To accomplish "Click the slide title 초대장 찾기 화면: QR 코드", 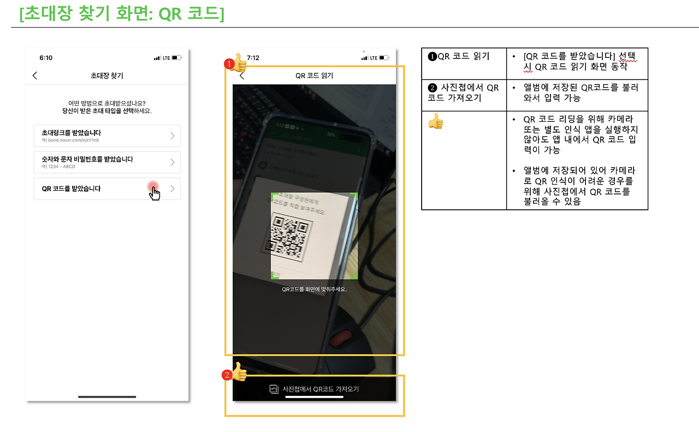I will pos(121,14).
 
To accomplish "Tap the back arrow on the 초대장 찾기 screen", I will pos(35,75).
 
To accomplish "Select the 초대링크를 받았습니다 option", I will pos(72,133).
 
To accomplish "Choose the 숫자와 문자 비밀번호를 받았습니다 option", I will pos(87,159).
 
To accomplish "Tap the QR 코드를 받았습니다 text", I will pos(71,188).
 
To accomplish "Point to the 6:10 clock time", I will pos(46,58).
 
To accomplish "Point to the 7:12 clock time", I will pos(253,58).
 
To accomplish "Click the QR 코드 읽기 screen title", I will pos(314,76).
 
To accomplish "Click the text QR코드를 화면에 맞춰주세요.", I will pos(314,289).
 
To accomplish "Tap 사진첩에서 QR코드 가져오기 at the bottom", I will pos(320,389).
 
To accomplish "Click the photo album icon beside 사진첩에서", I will pos(274,389).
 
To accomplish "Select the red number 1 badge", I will pos(229,64).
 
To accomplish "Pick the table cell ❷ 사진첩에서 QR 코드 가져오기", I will pos(463,92).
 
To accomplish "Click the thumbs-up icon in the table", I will pos(436,121).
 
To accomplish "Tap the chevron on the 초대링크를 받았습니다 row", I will pos(173,135).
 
